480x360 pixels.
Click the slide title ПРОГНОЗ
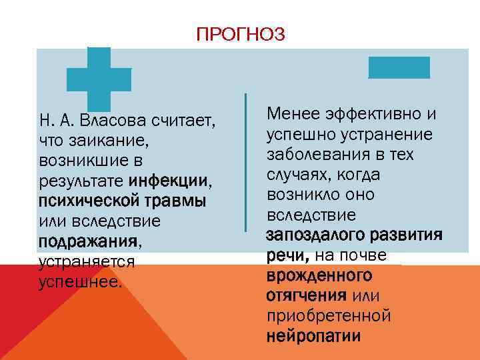[241, 33]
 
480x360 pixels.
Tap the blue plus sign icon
[99, 79]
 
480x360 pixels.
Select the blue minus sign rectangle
[399, 67]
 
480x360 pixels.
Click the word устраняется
[87, 261]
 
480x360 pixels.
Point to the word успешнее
[80, 281]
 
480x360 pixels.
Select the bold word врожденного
[319, 275]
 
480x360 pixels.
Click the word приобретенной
[328, 315]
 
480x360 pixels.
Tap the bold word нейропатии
[313, 335]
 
